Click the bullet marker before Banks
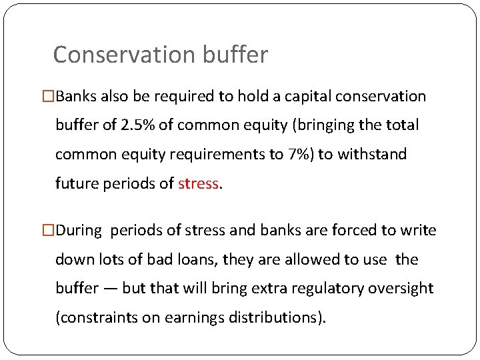click(49, 97)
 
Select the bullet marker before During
click(49, 231)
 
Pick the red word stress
click(198, 183)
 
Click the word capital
click(309, 97)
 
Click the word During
click(79, 231)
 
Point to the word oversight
click(403, 289)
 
